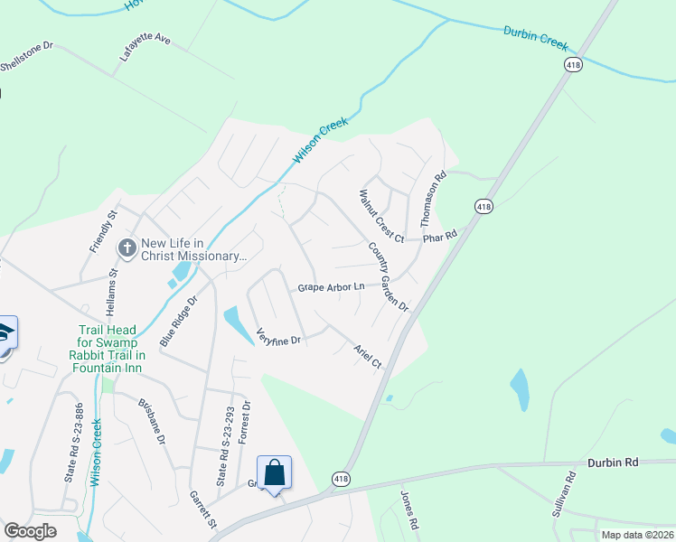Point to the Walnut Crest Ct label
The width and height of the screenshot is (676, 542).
pos(380,215)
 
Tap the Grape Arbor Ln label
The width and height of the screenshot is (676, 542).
pos(332,287)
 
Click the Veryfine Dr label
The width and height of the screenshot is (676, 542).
pos(278,336)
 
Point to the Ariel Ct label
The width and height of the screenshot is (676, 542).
pos(368,354)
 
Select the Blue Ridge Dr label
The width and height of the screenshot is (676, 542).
pos(178,321)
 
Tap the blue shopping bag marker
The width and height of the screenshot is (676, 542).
pos(274,472)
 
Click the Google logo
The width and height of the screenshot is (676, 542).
pos(31,530)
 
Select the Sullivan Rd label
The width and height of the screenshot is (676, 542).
pos(563,495)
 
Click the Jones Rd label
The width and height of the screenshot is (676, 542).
pos(408,509)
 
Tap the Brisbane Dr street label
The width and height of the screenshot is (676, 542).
pos(152,420)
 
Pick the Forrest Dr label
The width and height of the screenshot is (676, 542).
pos(243,422)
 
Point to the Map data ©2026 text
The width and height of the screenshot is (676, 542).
pos(637,535)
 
